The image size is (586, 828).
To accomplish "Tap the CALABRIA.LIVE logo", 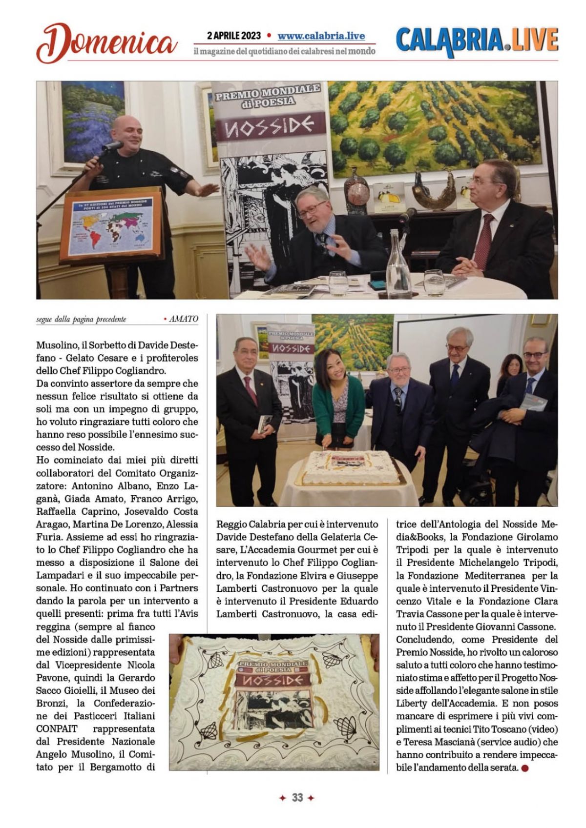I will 477,41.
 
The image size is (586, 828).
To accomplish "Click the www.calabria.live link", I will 321,36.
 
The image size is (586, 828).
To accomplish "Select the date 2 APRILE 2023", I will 234,36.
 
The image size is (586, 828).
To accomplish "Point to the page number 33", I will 297,797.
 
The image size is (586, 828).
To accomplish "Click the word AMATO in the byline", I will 184,319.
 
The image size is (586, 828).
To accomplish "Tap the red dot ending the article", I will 525,768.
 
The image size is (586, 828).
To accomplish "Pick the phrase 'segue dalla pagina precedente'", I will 81,319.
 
